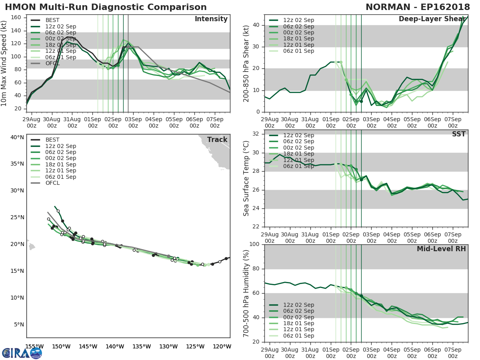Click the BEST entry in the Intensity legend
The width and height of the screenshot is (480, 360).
[x=52, y=20]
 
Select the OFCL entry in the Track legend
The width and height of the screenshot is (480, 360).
[x=52, y=183]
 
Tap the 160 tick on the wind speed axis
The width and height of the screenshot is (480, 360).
[x=16, y=18]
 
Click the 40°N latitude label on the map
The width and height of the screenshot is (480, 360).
[x=17, y=137]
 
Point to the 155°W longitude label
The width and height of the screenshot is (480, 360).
[x=34, y=346]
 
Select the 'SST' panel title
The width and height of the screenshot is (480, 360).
[x=458, y=134]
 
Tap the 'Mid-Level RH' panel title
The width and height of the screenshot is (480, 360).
[x=441, y=249]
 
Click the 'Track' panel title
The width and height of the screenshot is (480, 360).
[x=217, y=140]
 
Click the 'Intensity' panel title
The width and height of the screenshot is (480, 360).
[x=211, y=19]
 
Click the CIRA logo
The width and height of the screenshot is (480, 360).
[x=22, y=353]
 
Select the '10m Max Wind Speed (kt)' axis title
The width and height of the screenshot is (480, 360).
[x=4, y=63]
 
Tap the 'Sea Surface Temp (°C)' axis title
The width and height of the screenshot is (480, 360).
[x=246, y=178]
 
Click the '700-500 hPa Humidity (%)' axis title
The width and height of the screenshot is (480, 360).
[x=246, y=293]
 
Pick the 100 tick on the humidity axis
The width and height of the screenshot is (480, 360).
[x=253, y=244]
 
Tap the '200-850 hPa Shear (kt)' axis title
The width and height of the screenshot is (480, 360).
[x=246, y=63]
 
